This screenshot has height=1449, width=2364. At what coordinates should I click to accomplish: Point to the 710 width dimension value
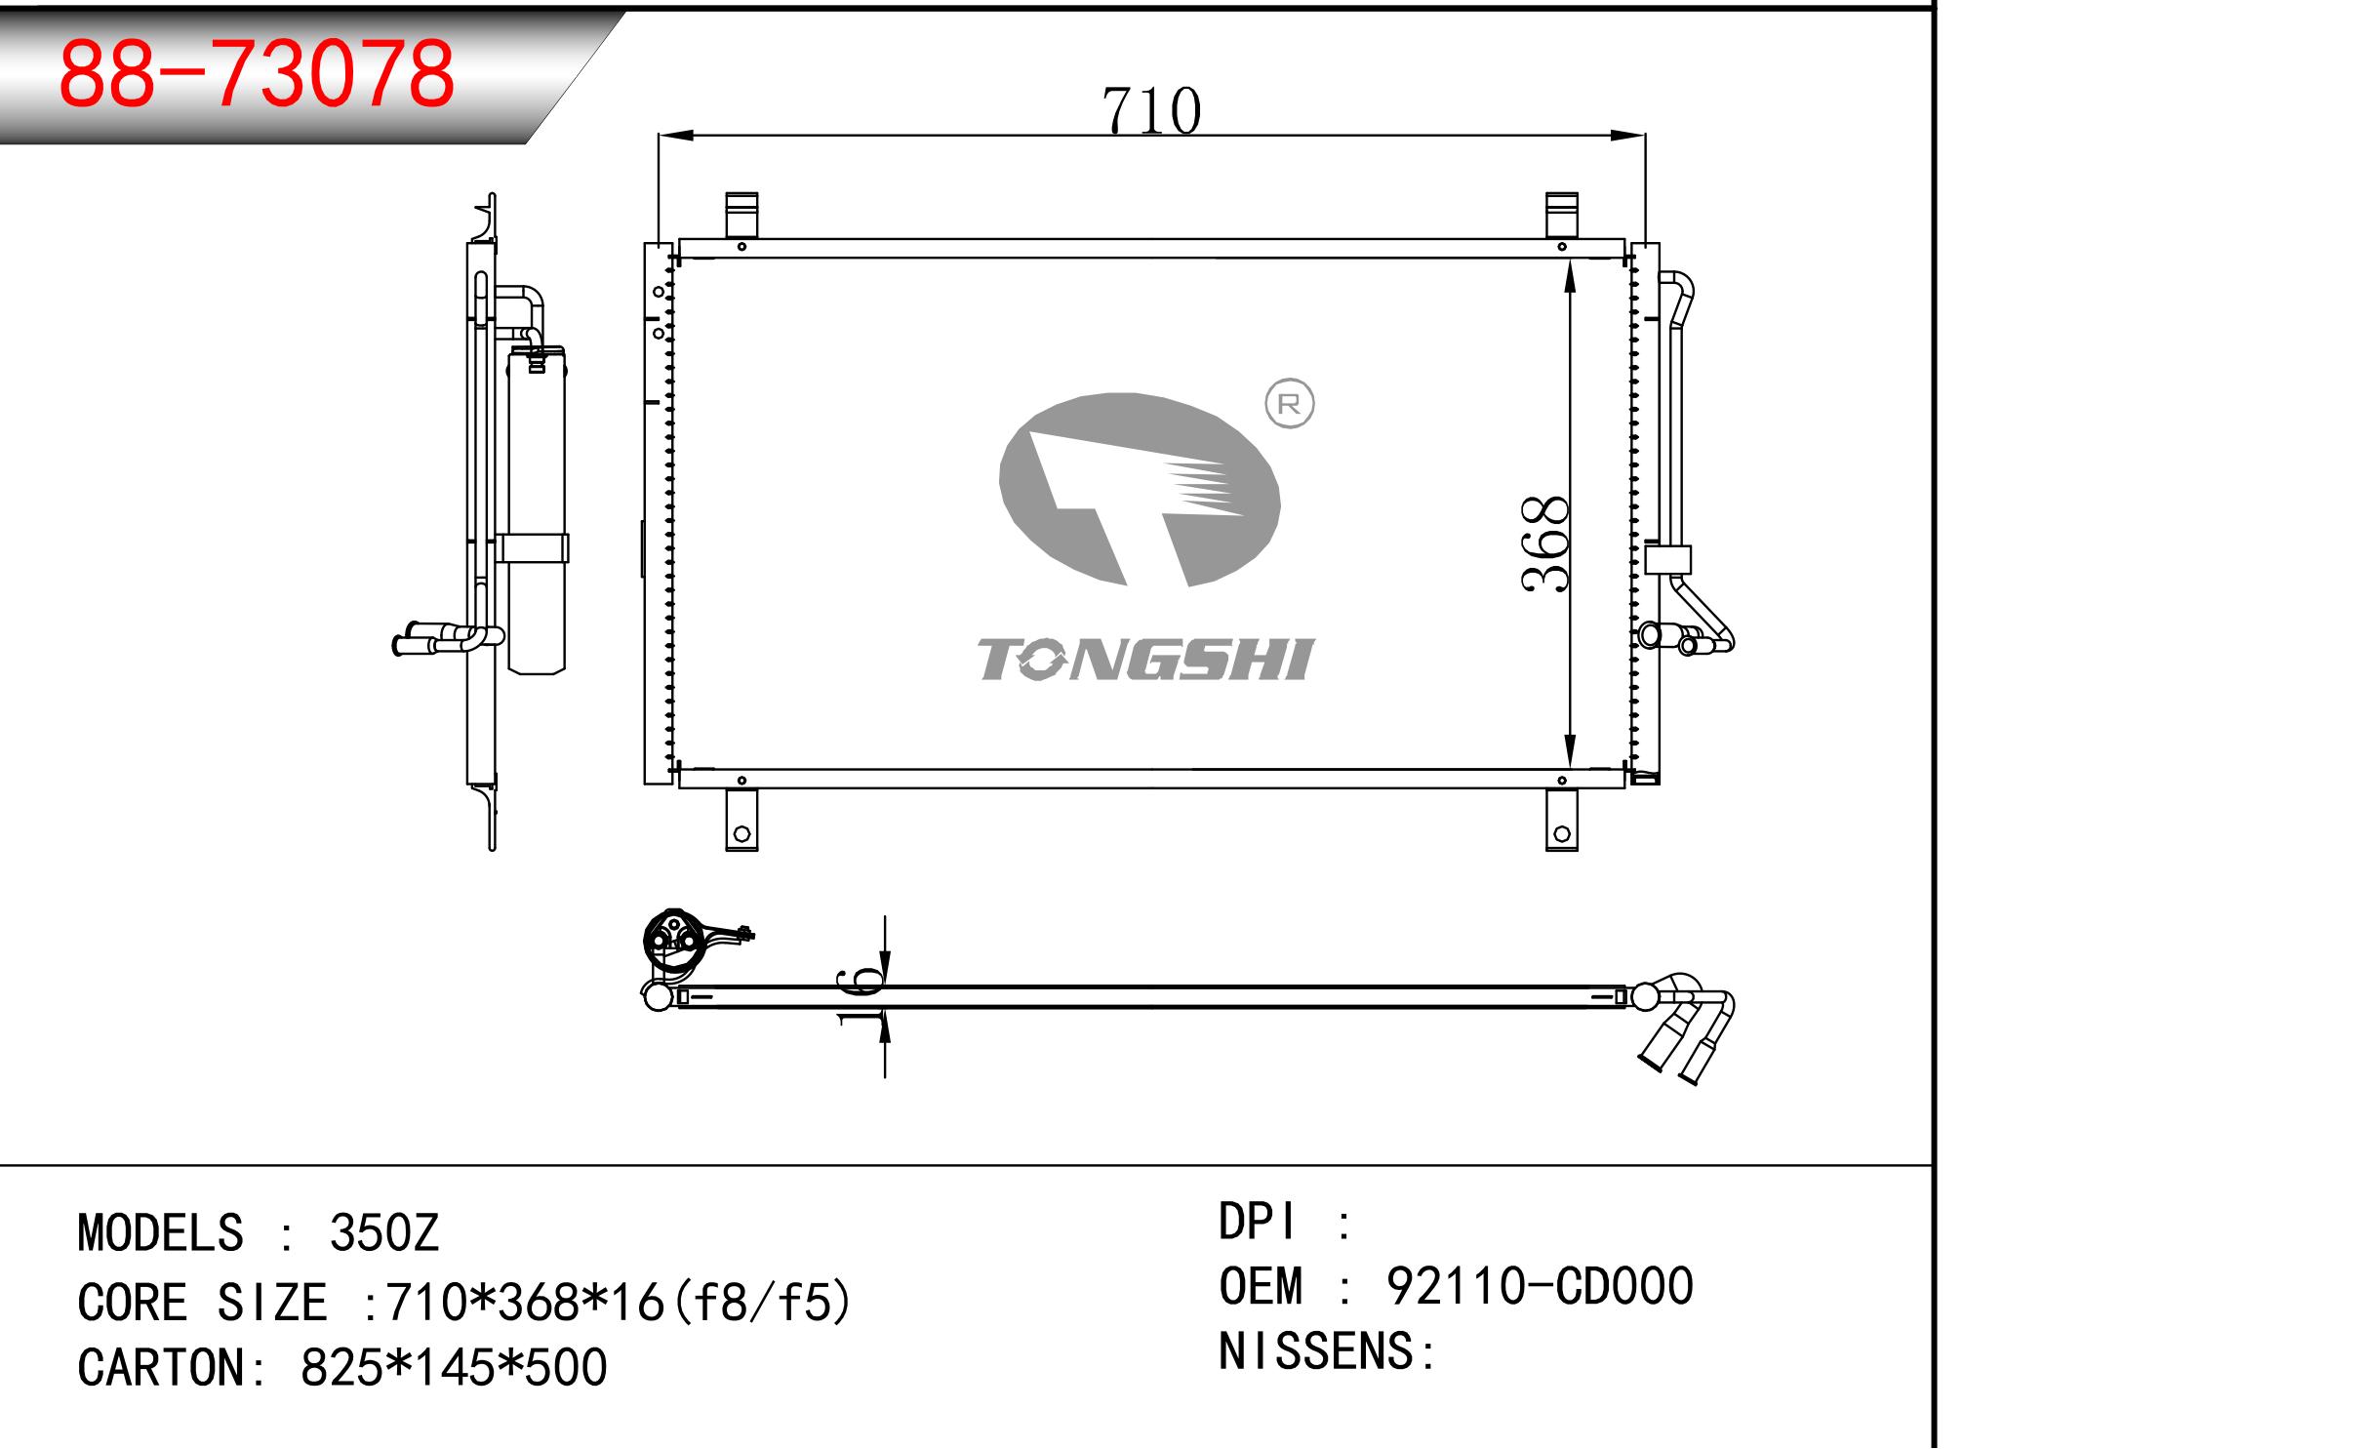point(1151,110)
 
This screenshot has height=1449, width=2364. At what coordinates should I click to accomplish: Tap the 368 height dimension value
point(1544,543)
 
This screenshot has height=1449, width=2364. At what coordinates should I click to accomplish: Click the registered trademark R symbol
point(1289,405)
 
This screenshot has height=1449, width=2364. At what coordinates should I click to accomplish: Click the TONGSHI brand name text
point(1146,661)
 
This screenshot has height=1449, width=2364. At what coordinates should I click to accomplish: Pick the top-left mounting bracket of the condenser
point(741,216)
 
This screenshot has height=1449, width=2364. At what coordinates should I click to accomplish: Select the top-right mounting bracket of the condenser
point(1562,216)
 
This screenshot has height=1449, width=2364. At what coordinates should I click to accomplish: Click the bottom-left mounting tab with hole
point(741,820)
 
